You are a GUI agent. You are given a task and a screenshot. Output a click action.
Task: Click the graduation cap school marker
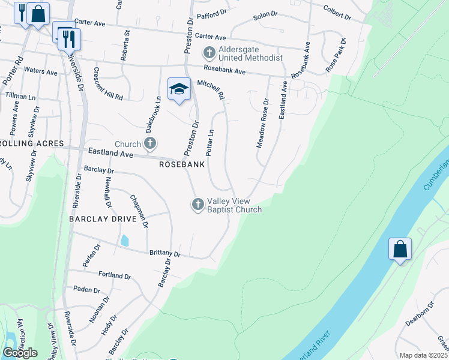point(179,89)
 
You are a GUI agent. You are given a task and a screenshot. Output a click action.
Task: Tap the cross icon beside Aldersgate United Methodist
point(209,53)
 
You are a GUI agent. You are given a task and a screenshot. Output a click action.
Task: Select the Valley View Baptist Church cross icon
point(197,205)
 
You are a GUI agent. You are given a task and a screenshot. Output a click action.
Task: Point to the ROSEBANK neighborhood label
point(182,164)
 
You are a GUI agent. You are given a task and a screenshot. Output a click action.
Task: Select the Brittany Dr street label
point(164,254)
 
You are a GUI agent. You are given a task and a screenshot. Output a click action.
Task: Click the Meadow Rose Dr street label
point(262,123)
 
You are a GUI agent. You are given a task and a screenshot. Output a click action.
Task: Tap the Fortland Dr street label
point(114,275)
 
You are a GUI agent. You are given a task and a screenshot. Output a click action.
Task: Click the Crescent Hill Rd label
point(108,83)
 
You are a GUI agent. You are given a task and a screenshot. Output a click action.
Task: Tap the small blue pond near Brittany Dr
point(124,241)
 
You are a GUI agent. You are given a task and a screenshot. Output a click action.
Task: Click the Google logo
point(20,353)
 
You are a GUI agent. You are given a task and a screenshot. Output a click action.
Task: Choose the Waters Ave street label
point(40,71)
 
